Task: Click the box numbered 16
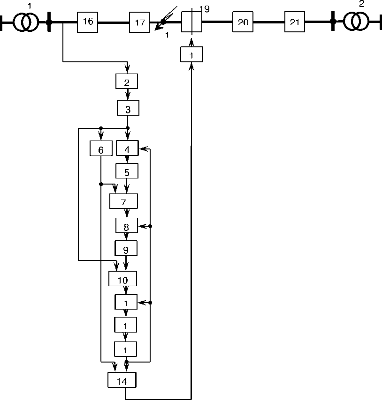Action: point(88,22)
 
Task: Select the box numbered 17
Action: point(139,22)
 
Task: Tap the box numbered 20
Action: point(243,22)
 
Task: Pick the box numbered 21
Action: point(295,22)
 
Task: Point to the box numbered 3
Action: point(128,109)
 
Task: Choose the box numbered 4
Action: point(127,148)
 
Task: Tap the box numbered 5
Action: point(127,171)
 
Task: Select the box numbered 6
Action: point(101,148)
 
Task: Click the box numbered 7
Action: point(123,201)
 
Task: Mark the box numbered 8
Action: point(127,226)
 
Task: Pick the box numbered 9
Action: point(126,249)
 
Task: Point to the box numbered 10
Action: point(122,280)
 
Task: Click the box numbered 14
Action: point(122,380)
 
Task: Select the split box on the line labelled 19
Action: point(191,22)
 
